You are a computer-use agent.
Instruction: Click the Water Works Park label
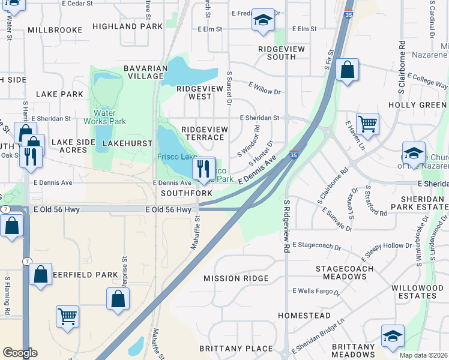(109, 116)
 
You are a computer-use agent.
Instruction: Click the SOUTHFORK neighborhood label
(186, 193)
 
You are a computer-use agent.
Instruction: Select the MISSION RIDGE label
(235, 278)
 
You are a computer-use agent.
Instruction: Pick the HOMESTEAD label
(304, 315)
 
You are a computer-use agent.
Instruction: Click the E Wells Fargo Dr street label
(316, 292)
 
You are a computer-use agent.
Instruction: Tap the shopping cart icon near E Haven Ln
(367, 124)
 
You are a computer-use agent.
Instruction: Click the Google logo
(20, 353)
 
